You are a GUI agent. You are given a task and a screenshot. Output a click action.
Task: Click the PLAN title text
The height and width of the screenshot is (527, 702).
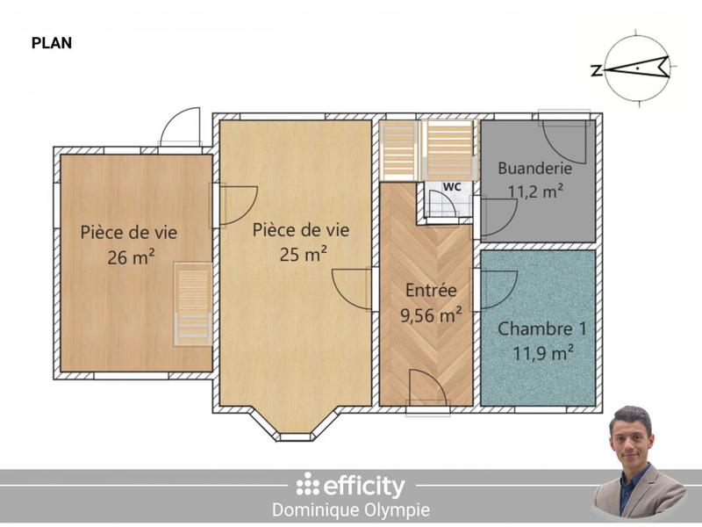pos(51,42)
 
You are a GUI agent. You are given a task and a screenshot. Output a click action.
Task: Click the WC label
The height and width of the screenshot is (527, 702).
pos(452,187)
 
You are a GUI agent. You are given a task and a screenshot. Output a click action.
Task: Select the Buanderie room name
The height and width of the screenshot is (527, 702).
pos(535,168)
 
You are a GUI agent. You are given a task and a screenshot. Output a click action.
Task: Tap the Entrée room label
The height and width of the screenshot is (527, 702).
pos(431,291)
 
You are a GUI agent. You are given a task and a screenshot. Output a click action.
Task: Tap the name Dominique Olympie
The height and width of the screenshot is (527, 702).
pos(352,509)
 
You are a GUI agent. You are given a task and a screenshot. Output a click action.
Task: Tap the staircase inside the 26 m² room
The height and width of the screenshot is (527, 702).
pos(193,303)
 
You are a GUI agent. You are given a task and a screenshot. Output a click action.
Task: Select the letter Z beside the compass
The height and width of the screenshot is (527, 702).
pos(597,71)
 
